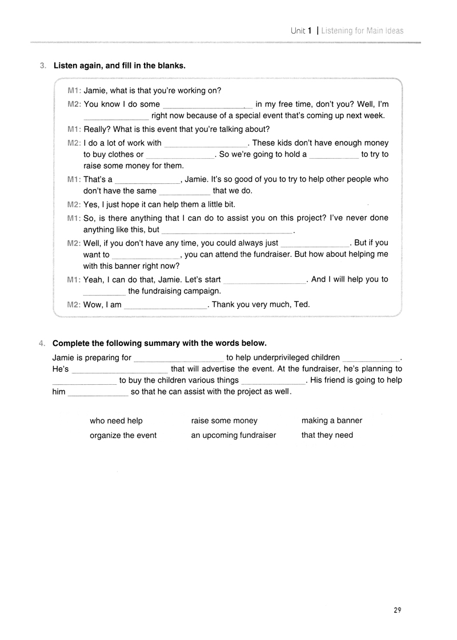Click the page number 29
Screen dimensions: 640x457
398,610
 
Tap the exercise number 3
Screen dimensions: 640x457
43,66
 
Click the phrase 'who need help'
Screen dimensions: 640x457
116,421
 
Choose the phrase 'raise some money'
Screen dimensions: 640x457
225,421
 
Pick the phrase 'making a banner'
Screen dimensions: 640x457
332,421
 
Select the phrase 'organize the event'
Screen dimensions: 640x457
123,435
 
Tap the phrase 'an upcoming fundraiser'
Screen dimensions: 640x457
234,435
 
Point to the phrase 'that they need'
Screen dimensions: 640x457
327,435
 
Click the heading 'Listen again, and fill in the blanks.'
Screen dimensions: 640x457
119,66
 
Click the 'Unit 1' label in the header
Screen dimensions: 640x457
300,31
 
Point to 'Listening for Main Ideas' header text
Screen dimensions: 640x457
362,31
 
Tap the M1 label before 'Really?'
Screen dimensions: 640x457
74,129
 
